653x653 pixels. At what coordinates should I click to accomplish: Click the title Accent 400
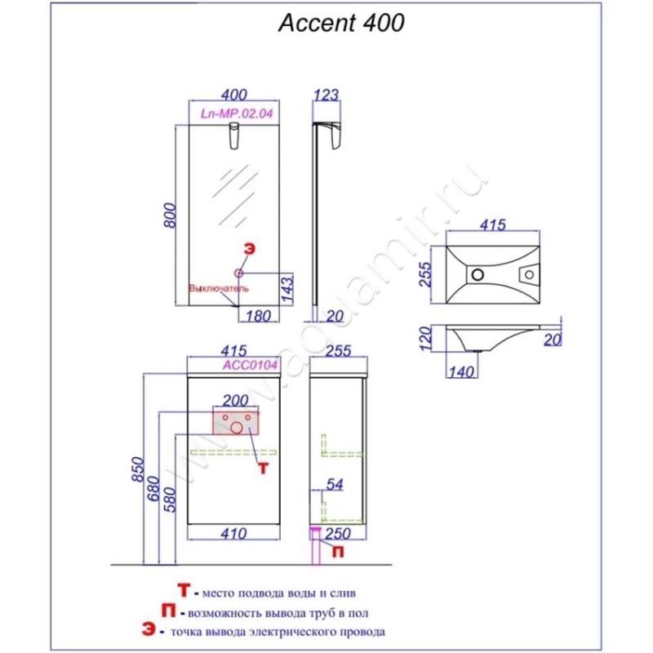coord(341,24)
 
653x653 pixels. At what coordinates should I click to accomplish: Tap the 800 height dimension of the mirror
coord(171,215)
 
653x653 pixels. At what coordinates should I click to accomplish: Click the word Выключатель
coord(219,288)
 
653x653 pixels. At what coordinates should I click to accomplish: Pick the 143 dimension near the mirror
coord(287,289)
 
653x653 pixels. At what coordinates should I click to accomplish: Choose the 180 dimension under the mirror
coord(259,316)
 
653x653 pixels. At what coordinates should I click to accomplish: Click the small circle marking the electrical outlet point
coord(240,273)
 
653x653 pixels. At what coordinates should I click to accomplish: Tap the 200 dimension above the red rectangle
coord(235,400)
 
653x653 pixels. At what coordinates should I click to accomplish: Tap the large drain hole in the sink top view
coord(477,274)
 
